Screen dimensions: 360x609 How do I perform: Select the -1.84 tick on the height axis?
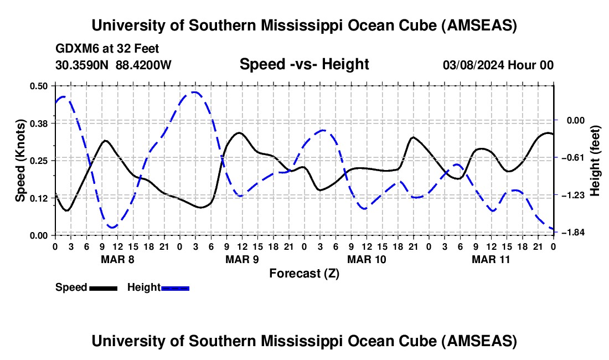[570, 233]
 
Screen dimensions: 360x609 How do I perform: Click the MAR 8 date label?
[117, 259]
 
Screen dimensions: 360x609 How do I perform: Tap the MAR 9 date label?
[242, 259]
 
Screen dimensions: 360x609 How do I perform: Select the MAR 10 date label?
[367, 259]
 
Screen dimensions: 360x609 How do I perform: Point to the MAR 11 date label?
[491, 259]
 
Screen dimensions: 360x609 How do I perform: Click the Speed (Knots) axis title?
[20, 161]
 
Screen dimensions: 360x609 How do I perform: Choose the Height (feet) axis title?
[596, 161]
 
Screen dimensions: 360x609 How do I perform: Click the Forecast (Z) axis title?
[304, 274]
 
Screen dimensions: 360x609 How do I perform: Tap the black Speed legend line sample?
[103, 288]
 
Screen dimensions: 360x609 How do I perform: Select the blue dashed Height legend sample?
[175, 288]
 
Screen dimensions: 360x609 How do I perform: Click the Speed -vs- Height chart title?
[304, 64]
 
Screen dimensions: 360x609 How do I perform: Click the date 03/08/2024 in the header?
[473, 65]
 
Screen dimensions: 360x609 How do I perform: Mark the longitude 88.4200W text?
[143, 65]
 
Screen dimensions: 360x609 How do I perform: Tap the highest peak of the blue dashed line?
[193, 92]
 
